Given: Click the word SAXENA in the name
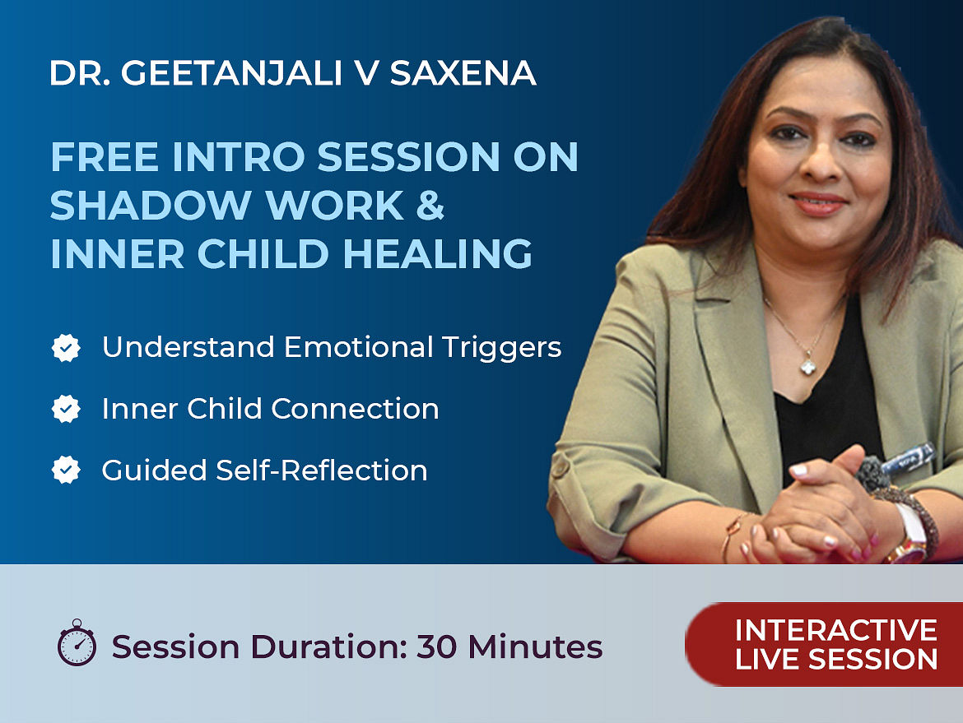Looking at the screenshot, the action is pos(463,73).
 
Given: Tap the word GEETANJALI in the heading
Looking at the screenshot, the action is pos(231,73).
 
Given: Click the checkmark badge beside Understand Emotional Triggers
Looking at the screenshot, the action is pos(66,348).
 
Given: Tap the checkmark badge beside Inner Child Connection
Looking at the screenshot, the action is pos(66,409).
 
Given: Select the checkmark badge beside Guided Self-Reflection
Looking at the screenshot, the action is pos(66,470).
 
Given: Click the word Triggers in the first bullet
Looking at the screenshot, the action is pos(501,348).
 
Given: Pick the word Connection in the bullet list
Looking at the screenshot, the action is pos(355,409).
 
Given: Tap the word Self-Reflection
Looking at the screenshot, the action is pos(321,470).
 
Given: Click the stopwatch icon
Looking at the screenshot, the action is pos(77,642).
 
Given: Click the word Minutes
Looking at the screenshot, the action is pos(535,647).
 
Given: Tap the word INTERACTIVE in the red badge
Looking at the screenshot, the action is pos(836,630).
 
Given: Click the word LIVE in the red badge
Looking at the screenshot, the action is pos(766,659).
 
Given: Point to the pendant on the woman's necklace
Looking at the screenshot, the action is pos(808,366).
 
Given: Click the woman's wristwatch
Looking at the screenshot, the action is pos(911,533).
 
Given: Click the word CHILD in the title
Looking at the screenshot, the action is pos(263,253).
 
